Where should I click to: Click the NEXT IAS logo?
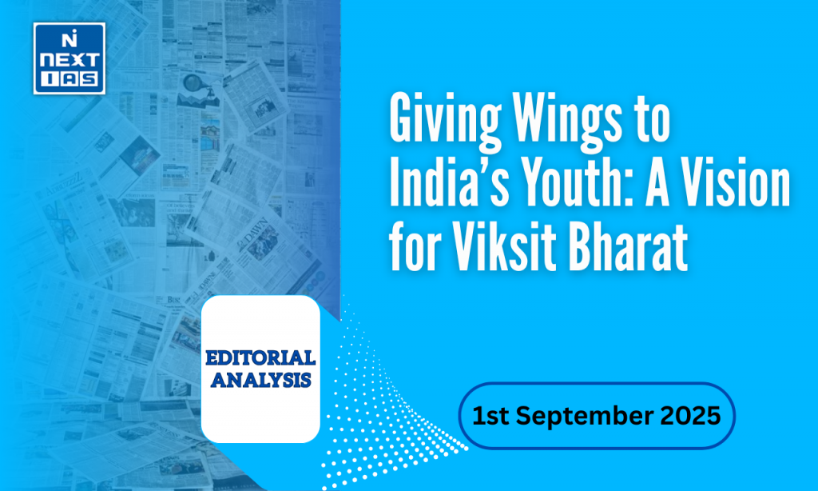pos(69,58)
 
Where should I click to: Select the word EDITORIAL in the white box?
pos(260,357)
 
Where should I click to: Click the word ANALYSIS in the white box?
pos(260,380)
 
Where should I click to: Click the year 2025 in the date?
pos(691,417)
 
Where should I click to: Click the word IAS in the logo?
pos(69,81)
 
